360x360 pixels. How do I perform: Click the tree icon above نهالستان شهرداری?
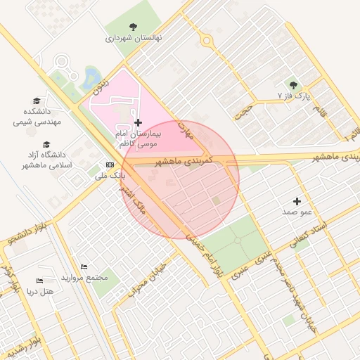[x=133, y=27]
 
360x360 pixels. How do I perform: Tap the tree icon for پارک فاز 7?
[x=293, y=84]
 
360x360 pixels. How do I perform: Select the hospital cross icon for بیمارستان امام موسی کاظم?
[x=137, y=122]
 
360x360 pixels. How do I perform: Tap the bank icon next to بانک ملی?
[x=110, y=165]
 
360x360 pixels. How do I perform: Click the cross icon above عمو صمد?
[x=297, y=201]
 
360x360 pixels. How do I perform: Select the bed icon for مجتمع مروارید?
[x=84, y=267]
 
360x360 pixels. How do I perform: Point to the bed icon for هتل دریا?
[x=39, y=281]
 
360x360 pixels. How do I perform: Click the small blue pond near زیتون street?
[x=91, y=75]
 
